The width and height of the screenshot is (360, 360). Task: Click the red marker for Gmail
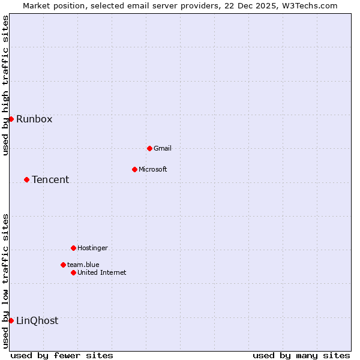click(x=149, y=148)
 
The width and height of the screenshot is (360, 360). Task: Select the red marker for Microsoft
click(x=134, y=169)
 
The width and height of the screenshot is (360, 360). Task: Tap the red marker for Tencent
click(x=26, y=179)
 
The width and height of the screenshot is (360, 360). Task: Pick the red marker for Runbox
click(x=11, y=119)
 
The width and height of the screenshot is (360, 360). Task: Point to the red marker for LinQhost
click(x=11, y=320)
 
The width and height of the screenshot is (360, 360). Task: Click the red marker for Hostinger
click(x=73, y=248)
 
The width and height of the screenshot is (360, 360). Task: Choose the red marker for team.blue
click(x=63, y=265)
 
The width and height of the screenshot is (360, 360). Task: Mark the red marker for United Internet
click(x=73, y=272)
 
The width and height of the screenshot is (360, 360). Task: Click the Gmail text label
click(x=163, y=148)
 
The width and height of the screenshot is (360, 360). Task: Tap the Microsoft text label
click(x=153, y=169)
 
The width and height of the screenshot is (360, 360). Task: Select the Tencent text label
click(x=50, y=179)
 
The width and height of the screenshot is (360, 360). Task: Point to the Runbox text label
click(x=34, y=119)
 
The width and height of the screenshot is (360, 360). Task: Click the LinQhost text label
click(x=37, y=320)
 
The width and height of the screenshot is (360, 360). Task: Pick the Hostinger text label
click(x=92, y=248)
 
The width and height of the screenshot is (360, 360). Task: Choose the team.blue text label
click(x=83, y=265)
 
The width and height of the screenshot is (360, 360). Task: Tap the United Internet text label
click(x=102, y=272)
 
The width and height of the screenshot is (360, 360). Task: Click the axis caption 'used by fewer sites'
click(x=62, y=355)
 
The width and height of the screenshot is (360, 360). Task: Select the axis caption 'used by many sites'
click(x=301, y=355)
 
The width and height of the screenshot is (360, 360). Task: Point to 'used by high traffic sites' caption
click(x=5, y=85)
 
